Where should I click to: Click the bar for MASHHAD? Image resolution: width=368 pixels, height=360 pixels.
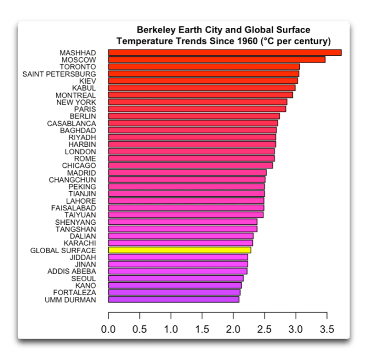point(224,53)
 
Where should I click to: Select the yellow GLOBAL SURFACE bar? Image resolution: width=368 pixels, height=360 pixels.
point(179,250)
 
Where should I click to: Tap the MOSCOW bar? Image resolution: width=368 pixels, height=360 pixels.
point(217,59)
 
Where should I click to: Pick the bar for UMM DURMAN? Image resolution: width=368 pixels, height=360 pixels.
point(173,299)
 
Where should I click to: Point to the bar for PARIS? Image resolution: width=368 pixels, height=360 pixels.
point(197,109)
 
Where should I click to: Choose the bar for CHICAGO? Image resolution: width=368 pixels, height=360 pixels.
point(190,165)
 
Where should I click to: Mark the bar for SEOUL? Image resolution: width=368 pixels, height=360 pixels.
point(176,278)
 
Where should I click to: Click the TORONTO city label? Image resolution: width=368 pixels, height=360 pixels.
point(77,67)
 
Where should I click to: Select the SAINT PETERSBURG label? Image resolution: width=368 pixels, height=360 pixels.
point(59,74)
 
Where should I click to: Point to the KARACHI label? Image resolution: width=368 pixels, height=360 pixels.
point(79,243)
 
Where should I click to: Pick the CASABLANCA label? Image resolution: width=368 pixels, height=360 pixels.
point(71,123)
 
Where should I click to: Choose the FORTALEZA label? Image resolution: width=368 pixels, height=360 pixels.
point(75,292)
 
